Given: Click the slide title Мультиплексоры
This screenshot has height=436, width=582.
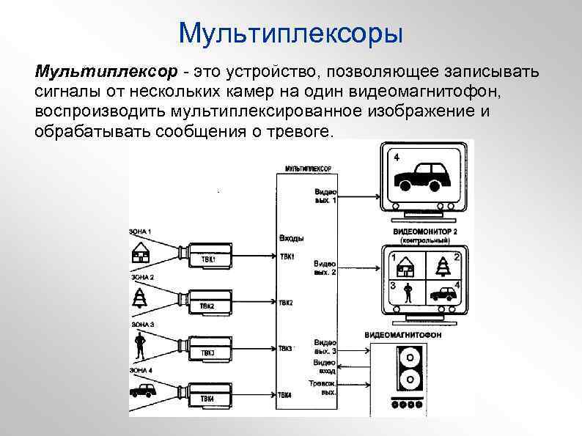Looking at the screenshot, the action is [291, 33].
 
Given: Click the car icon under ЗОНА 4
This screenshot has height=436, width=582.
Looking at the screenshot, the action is [140, 392].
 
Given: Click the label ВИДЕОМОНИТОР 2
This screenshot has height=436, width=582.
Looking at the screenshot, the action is [424, 232].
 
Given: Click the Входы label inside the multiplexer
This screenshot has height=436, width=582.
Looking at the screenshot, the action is [292, 238].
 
